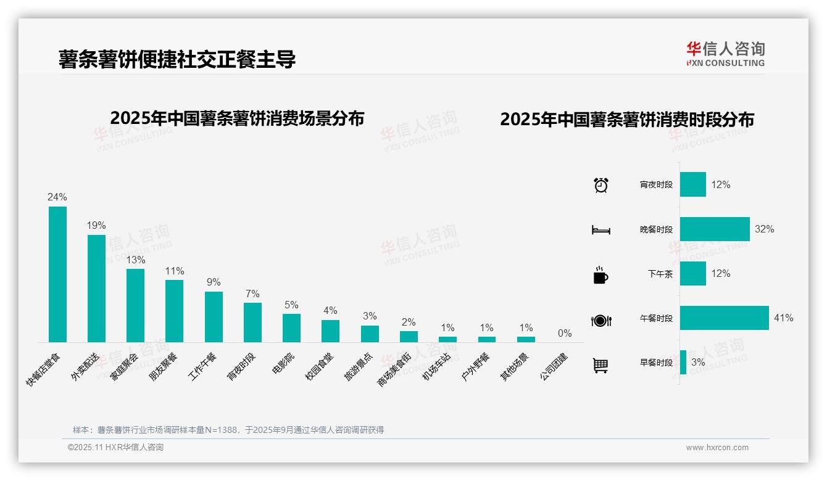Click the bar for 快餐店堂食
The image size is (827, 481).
point(57,274)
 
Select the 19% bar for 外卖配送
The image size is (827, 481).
point(96,288)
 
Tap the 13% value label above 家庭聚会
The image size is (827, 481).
point(135,260)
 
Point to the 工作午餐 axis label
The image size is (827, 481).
point(203,366)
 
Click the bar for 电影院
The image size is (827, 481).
point(291,327)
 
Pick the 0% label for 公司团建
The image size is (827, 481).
point(564,334)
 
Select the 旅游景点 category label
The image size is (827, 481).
point(359,367)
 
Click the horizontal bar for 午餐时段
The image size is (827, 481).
point(724,318)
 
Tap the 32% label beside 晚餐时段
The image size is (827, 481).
point(764,229)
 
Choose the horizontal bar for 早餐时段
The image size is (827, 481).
point(683,363)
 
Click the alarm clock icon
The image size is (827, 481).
point(601,185)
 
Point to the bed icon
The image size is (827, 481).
point(601,230)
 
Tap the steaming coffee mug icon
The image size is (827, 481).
point(601,275)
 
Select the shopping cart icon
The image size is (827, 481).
point(601,365)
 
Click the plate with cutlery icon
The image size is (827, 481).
point(601,320)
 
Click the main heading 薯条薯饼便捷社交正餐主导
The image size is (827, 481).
point(177,59)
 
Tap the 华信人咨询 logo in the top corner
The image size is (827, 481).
point(725,54)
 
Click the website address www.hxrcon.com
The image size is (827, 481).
point(717,448)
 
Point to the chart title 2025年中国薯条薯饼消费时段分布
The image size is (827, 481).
point(626,120)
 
